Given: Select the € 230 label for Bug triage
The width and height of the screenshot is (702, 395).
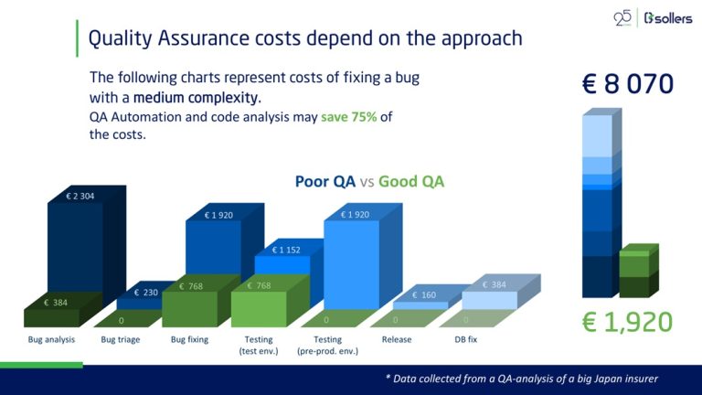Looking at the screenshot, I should coord(149,293).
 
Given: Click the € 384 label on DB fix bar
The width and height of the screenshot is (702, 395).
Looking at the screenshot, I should coord(495,284).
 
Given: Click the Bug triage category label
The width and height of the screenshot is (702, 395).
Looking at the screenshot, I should coord(120,339).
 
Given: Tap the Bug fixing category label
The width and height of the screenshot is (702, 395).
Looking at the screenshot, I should coord(189,339).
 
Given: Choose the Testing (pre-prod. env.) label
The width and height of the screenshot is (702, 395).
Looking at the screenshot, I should coord(330,345).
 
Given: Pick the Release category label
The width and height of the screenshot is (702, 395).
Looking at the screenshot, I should coord(397,339).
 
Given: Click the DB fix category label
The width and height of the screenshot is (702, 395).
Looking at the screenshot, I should coord(465,339).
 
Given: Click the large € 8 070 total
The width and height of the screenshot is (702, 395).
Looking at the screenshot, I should coord(628,84).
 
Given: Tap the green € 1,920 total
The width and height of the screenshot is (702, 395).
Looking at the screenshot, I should coord(628,321).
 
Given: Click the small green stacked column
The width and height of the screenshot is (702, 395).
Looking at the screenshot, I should coord(636,272).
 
